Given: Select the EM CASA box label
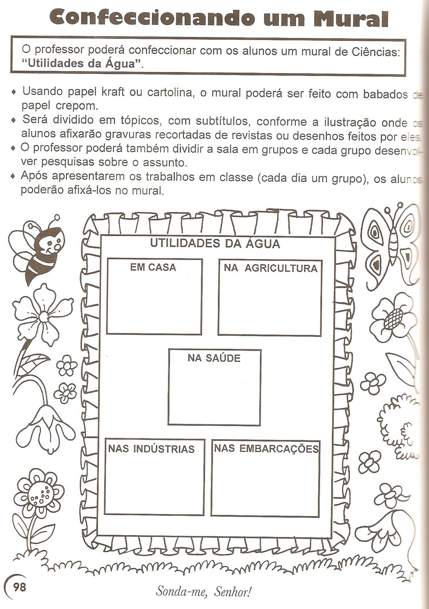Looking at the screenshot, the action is click(x=153, y=268).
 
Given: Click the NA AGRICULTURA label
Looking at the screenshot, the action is click(x=271, y=268).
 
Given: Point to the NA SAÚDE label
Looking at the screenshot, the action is click(x=214, y=358).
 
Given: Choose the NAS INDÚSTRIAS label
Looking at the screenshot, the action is click(x=151, y=449).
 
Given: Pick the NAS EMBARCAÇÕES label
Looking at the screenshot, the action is click(x=266, y=448).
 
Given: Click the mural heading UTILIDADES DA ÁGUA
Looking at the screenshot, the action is click(x=215, y=244).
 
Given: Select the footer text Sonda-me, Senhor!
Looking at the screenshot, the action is click(x=204, y=591).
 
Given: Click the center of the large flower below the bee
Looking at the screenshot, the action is click(x=43, y=317).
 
